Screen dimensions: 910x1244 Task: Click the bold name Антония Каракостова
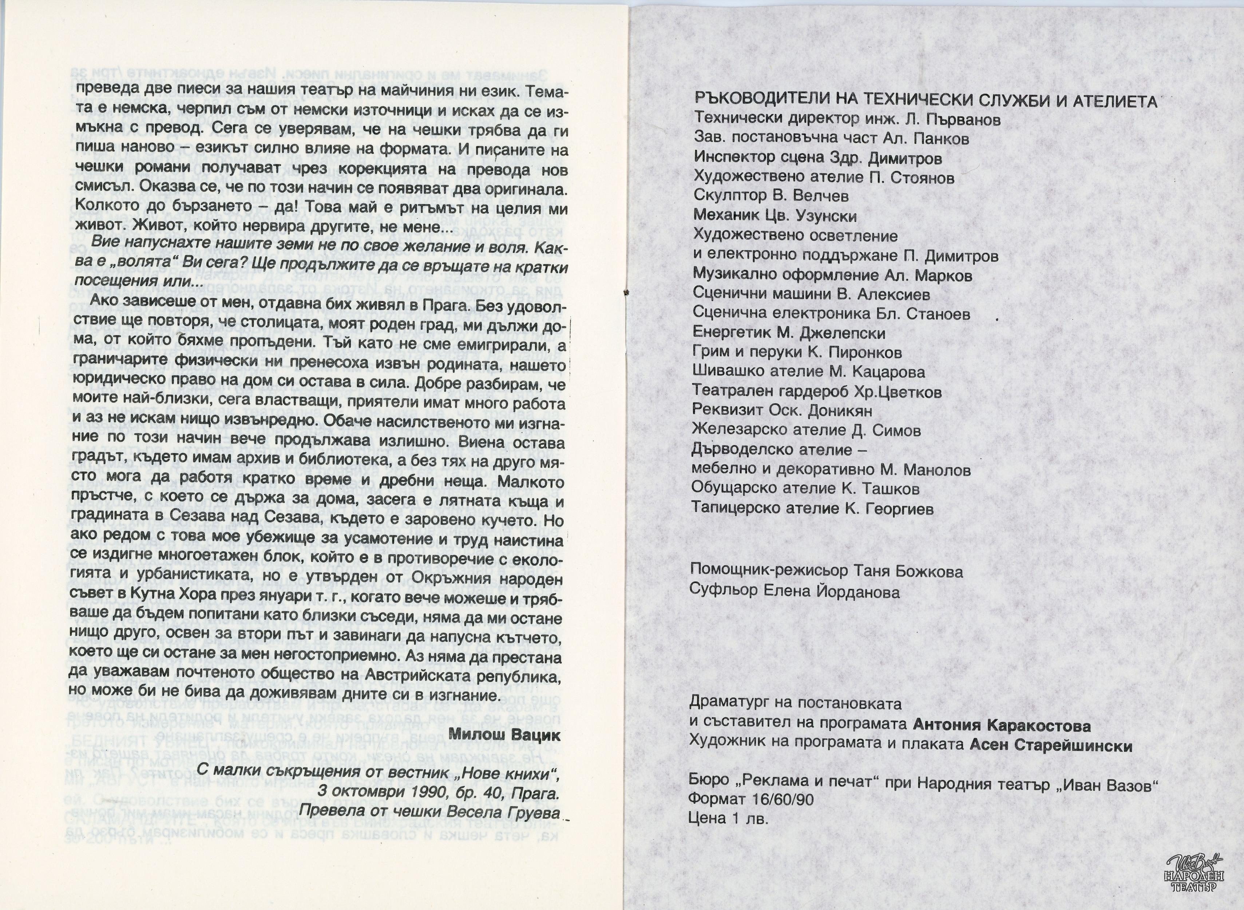tap(1002, 726)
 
